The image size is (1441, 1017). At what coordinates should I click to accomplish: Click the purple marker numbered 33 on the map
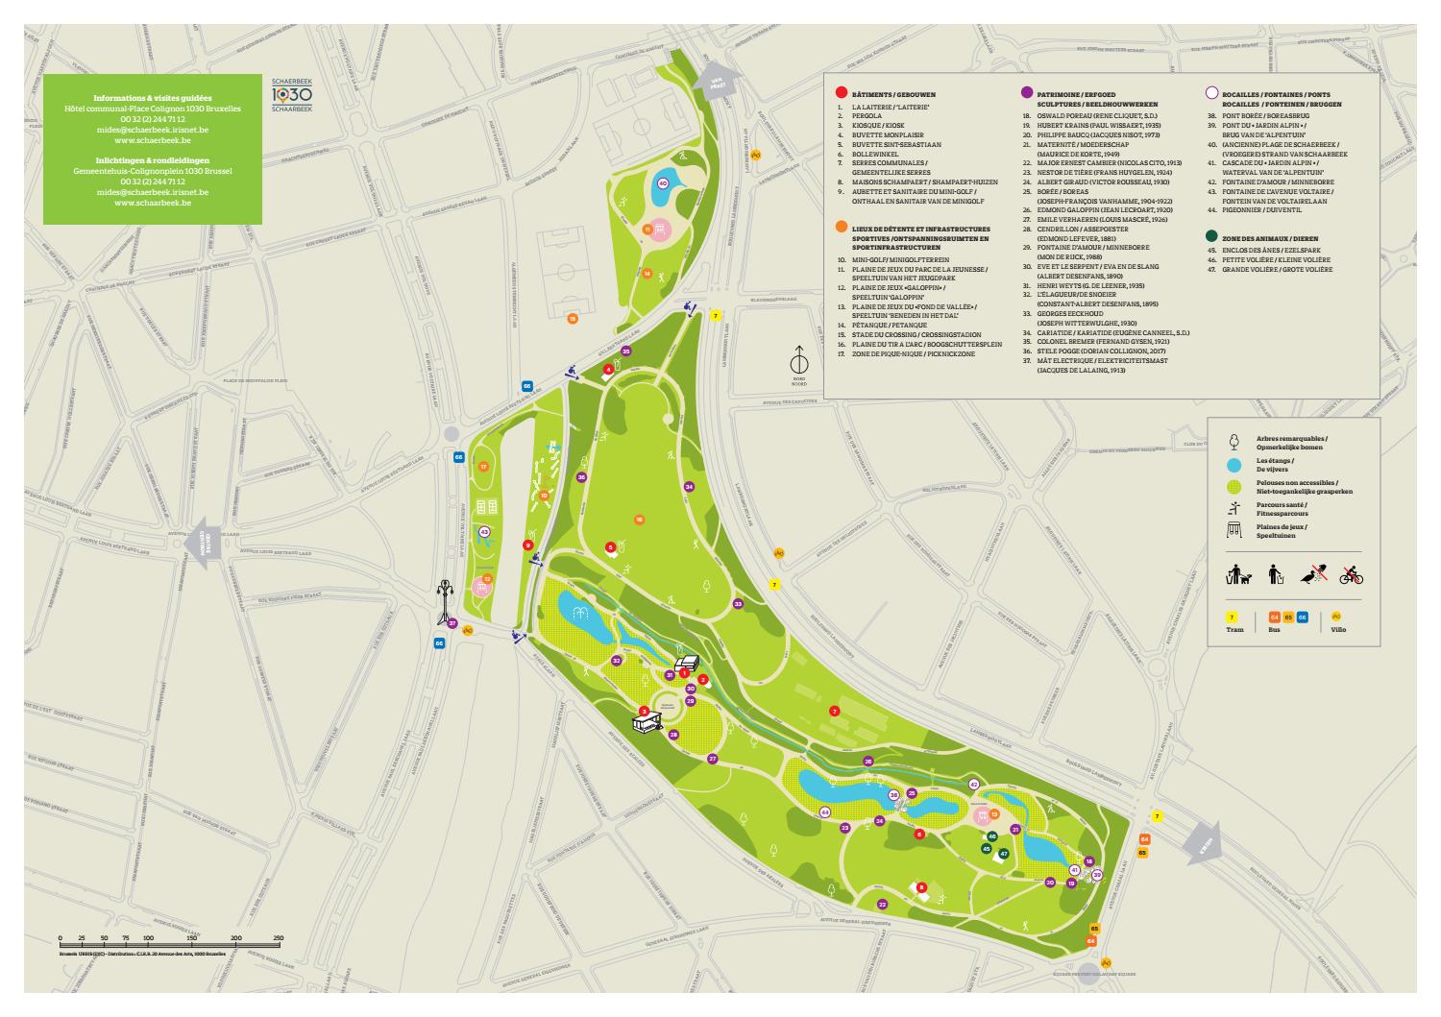tap(738, 604)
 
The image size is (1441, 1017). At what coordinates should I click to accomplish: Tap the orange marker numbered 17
tap(484, 467)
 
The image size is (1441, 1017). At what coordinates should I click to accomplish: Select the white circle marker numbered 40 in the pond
tap(662, 182)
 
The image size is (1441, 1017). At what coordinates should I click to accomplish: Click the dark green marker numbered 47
tap(1004, 853)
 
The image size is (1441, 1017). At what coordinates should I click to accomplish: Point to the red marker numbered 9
tap(527, 545)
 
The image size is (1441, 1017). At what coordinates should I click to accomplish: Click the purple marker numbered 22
tap(882, 905)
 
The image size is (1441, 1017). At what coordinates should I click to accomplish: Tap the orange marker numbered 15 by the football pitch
tap(573, 318)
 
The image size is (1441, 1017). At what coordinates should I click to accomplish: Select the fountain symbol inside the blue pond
tap(578, 616)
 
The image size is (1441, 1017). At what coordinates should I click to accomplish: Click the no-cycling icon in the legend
tap(1352, 575)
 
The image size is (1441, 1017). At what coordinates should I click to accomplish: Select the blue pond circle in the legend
tap(1234, 465)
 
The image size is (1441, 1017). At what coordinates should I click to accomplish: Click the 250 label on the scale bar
tap(279, 937)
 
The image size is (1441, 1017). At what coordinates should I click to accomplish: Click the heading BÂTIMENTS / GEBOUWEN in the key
tap(893, 94)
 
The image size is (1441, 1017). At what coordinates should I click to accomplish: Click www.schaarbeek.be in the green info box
tap(152, 204)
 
